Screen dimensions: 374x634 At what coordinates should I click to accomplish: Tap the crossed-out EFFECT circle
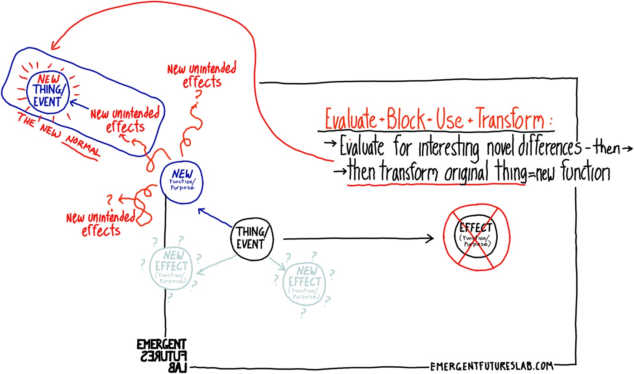pyautogui.click(x=475, y=238)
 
